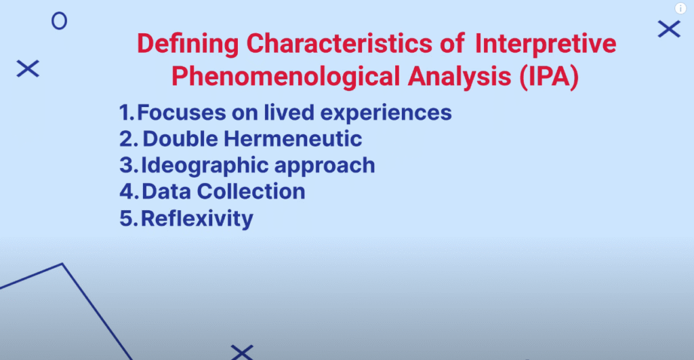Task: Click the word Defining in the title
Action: (x=188, y=45)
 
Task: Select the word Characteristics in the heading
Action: (x=339, y=43)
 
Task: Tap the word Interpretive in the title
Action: (x=546, y=45)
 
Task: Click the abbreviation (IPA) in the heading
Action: (x=549, y=77)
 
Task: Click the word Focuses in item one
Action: (x=182, y=113)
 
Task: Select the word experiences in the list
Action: (x=386, y=113)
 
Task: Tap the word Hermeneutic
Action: (x=293, y=138)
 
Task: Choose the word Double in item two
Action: (x=180, y=138)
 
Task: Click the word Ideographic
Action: (x=205, y=166)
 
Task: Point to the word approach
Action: (x=325, y=166)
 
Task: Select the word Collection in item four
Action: (x=251, y=191)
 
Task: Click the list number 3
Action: (x=127, y=165)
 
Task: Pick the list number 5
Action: (x=127, y=218)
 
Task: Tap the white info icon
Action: (x=680, y=8)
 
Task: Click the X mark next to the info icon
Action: (x=669, y=29)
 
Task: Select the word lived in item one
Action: (x=289, y=112)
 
